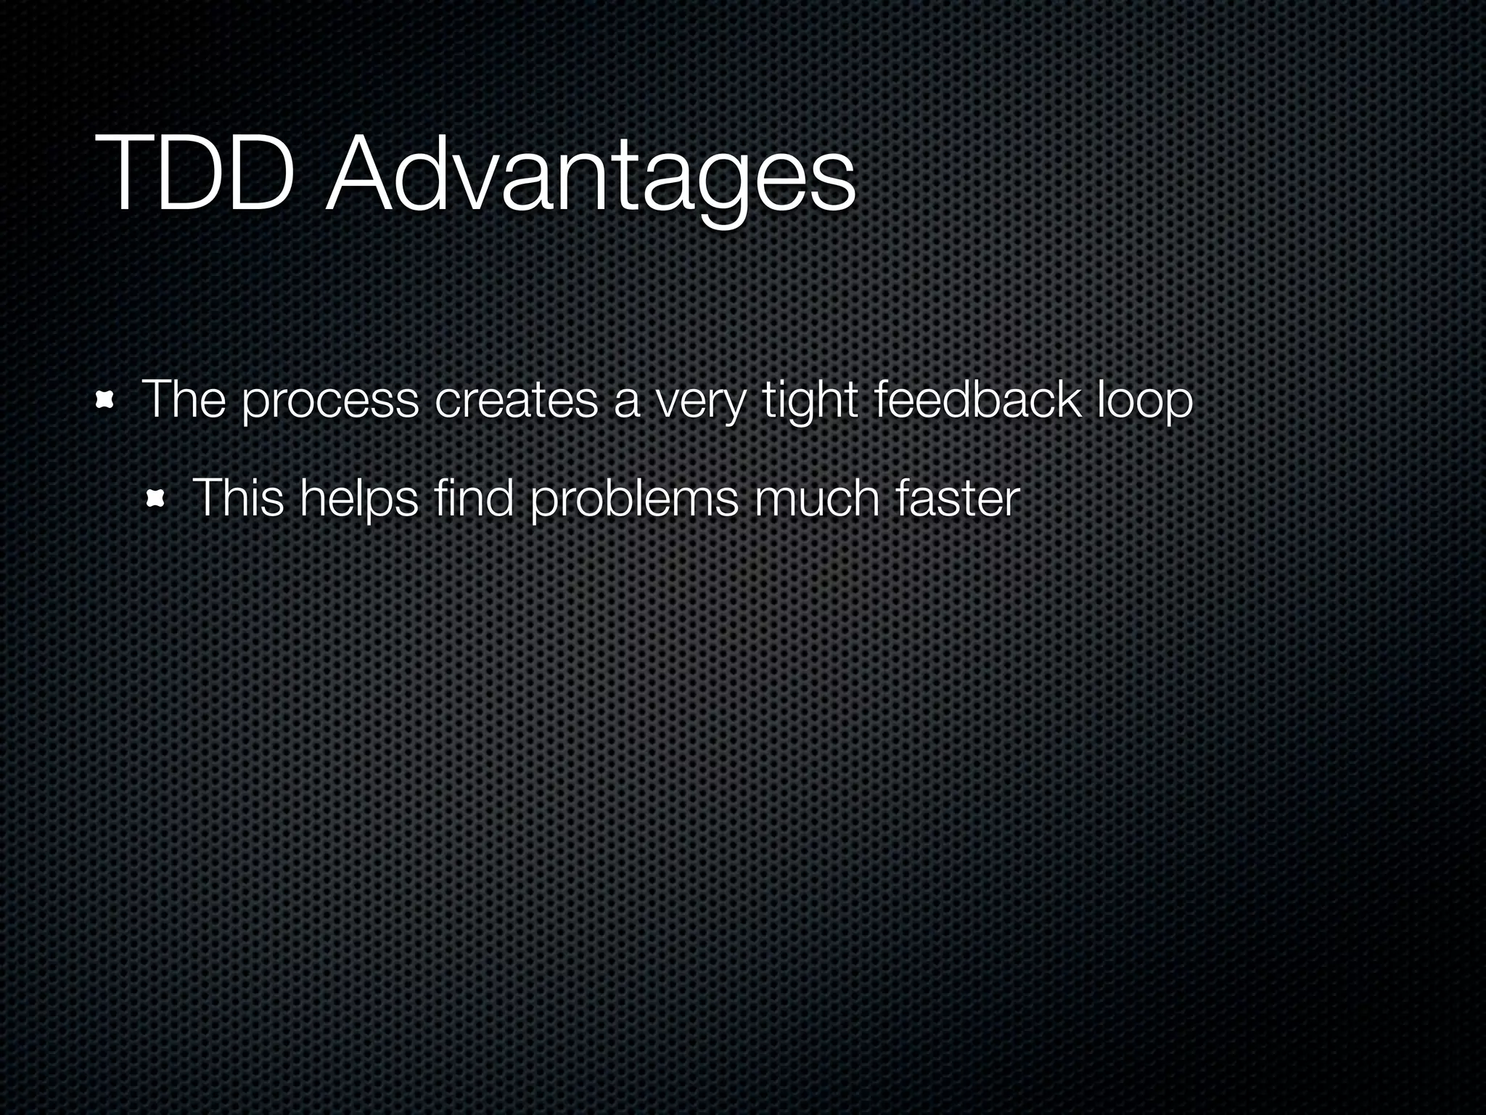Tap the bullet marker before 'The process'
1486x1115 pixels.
point(107,401)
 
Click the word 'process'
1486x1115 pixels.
point(330,403)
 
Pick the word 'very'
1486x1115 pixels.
point(700,403)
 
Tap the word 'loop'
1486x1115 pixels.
point(1145,401)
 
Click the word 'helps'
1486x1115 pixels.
point(358,500)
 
